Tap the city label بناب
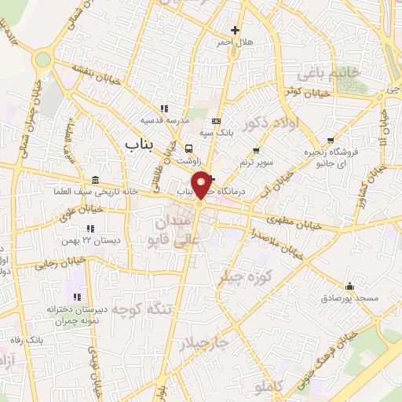coord(139,144)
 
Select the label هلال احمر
coord(235,42)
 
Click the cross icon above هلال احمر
coord(235,31)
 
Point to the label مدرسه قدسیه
coord(163,121)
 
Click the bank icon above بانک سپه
coord(217,122)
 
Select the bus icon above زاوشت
coord(188,148)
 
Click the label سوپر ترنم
coord(256,163)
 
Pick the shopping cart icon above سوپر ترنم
coord(256,151)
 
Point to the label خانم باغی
coord(328,75)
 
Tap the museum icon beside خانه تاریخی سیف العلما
coord(95,180)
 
